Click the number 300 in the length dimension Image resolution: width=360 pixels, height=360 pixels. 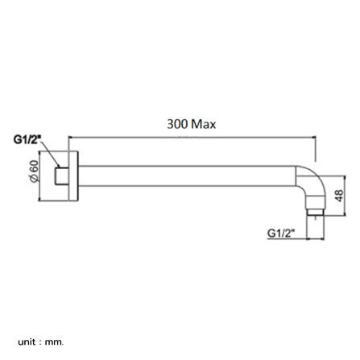177,125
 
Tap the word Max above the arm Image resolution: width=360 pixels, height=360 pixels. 204,125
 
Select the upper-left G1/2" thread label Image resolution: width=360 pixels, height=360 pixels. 27,139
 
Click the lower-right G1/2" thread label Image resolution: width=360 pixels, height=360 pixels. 281,233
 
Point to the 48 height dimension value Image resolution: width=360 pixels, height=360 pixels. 338,196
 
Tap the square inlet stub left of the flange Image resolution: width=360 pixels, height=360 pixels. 60,175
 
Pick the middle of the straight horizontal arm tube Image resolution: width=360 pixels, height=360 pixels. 189,175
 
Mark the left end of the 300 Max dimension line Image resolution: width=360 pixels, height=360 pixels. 69,138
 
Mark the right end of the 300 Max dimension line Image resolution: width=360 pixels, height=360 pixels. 315,138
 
